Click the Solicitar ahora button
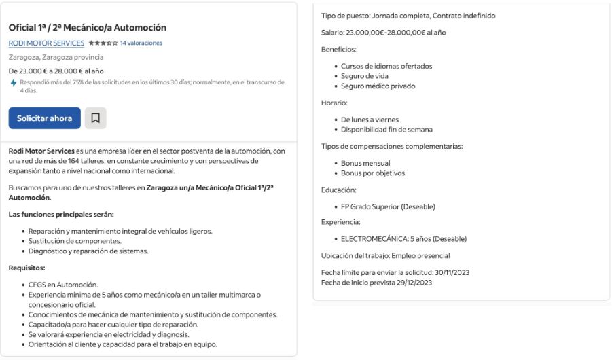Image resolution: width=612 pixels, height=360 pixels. point(44,118)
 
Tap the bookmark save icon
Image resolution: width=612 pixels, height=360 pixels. point(96,118)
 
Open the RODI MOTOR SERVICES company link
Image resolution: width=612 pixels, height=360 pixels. point(46,43)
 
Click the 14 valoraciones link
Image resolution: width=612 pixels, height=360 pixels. point(141,43)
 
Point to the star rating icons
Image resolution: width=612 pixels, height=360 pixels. point(103,43)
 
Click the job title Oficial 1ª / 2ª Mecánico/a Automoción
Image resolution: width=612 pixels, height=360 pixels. point(88,28)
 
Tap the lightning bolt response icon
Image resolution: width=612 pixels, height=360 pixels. point(14,83)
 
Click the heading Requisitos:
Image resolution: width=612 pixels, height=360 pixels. point(26,268)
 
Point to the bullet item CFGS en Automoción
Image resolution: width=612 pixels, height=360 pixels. point(62,285)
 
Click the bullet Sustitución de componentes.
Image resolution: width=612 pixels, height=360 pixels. point(75,241)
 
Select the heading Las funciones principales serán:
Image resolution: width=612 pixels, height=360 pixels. point(61,215)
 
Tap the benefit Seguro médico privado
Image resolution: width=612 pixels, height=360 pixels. point(378,86)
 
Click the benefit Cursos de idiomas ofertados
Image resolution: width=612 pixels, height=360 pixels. point(386,67)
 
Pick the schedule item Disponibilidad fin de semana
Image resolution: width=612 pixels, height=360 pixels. point(386,130)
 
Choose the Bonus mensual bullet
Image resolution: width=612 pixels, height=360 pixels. point(365,163)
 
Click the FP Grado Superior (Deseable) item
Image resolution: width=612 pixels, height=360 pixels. point(388,206)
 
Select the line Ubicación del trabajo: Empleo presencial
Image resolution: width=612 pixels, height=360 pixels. point(385,255)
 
